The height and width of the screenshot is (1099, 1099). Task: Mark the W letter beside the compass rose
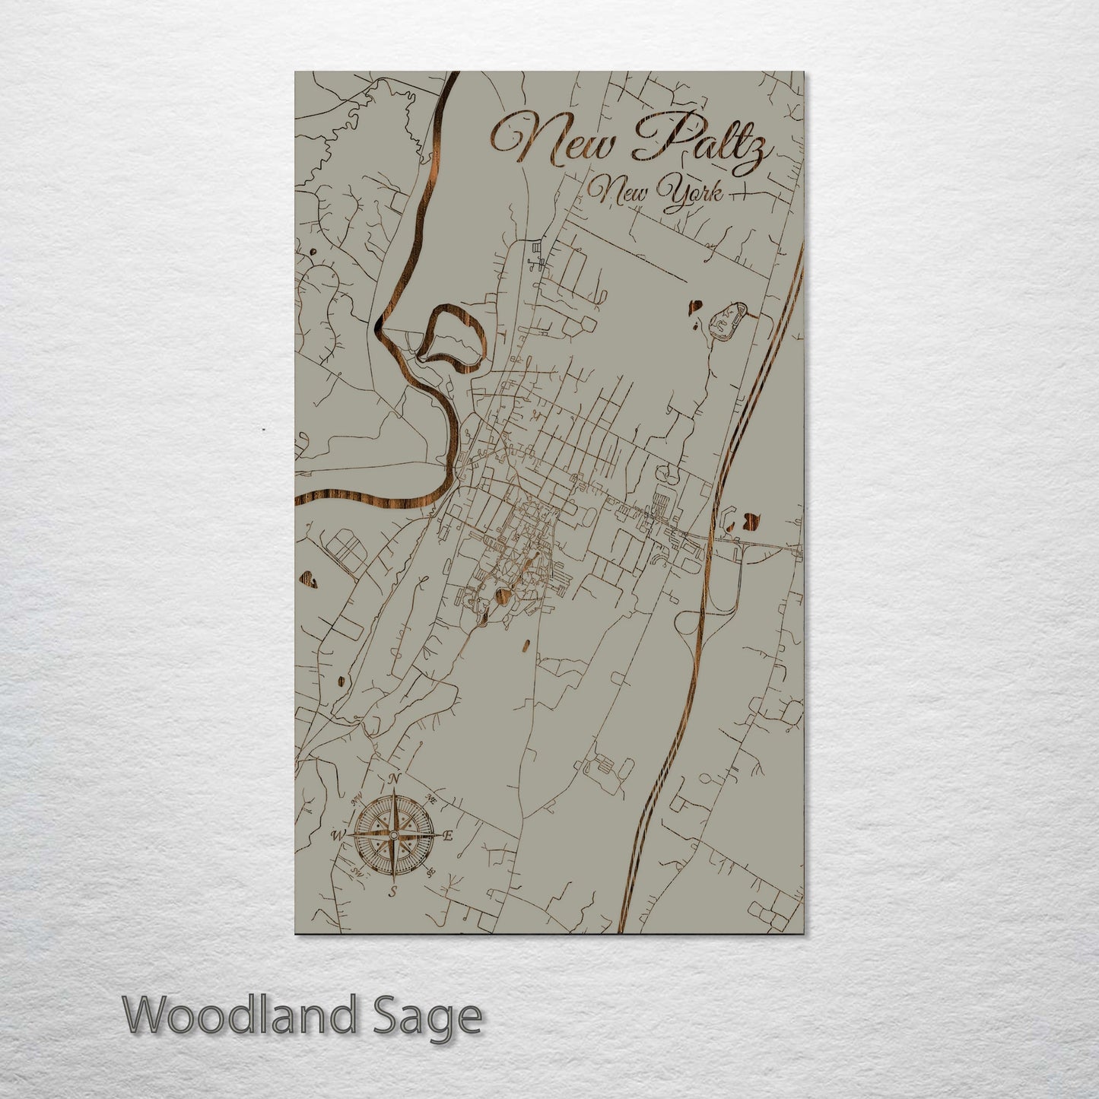point(338,835)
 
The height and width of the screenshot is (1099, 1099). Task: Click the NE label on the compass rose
point(431,799)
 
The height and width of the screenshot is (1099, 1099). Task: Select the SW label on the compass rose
point(355,872)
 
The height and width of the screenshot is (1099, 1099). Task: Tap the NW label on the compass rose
point(355,799)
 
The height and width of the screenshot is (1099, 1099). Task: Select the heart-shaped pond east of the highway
point(751,519)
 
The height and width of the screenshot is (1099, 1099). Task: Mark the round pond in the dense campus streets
point(503,594)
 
